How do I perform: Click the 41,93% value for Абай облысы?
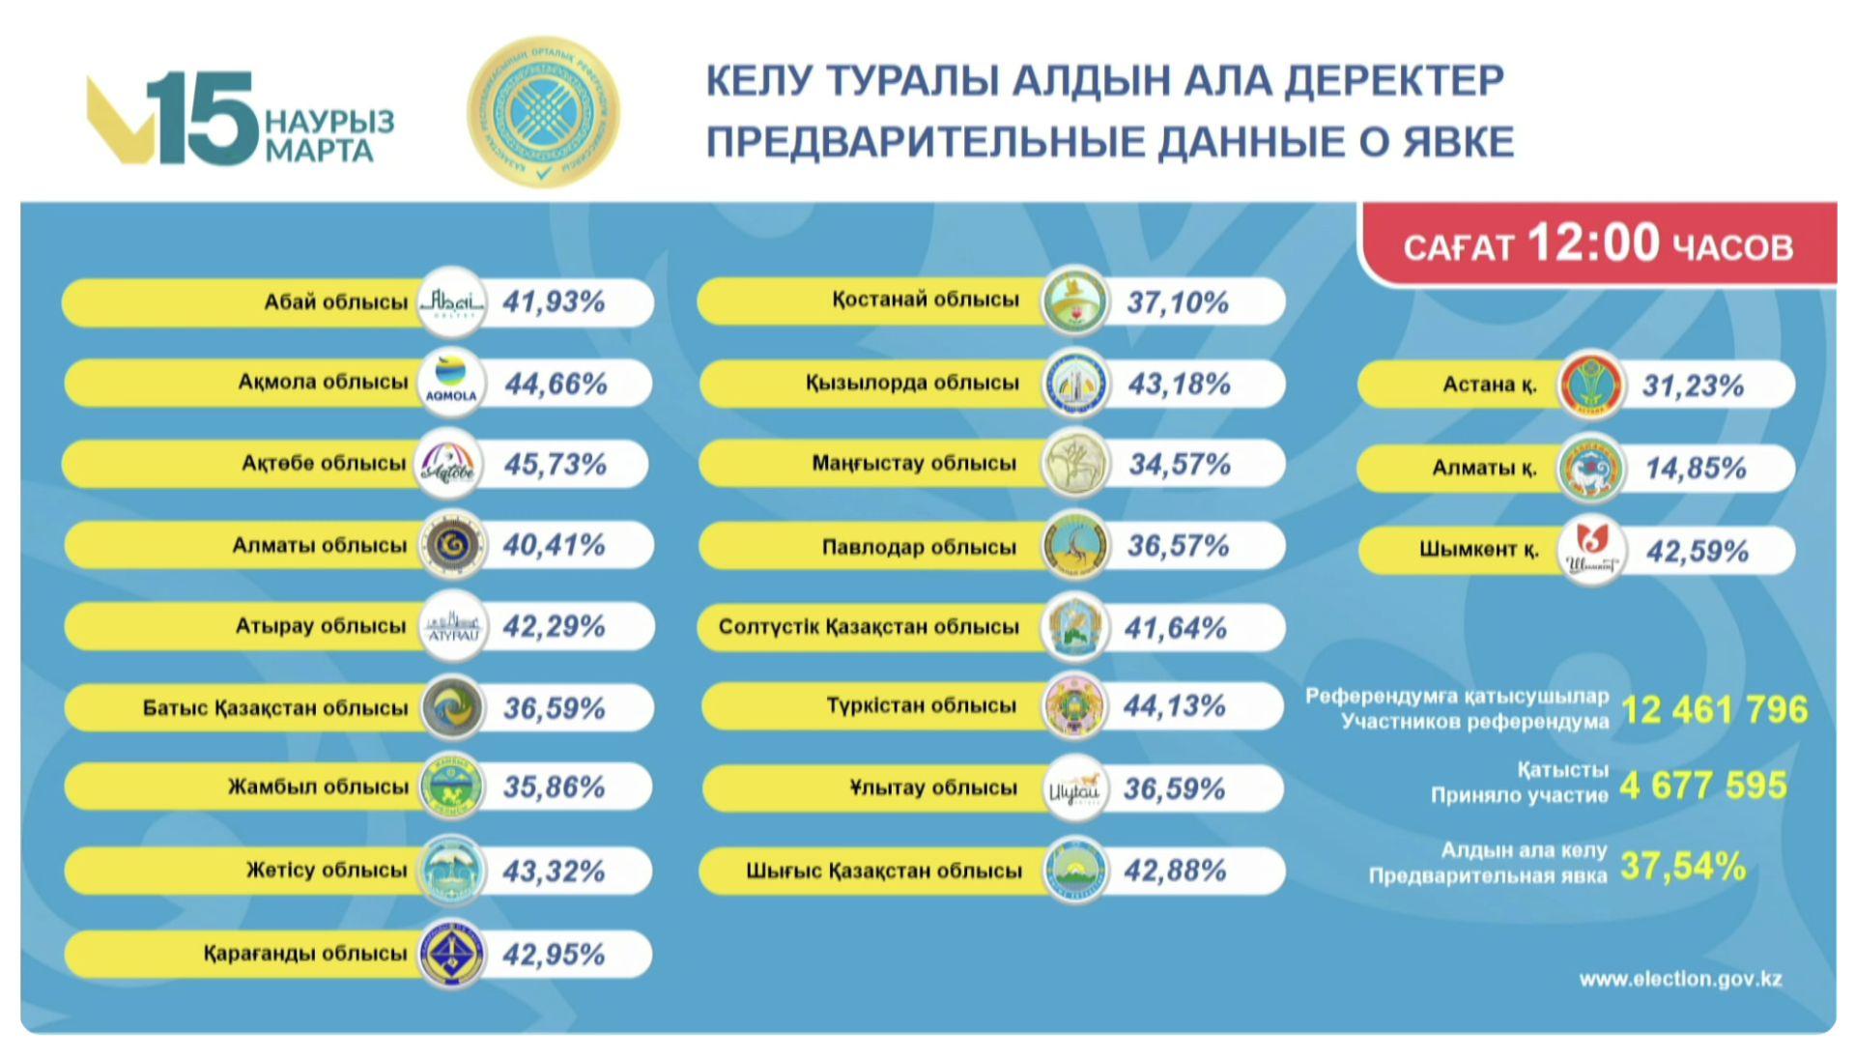[554, 302]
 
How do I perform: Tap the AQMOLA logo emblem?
[451, 383]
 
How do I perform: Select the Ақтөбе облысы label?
[324, 464]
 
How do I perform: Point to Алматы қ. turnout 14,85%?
[1696, 469]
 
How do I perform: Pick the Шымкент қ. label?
[1478, 550]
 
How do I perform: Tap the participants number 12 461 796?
[1714, 710]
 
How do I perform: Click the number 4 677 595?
[1703, 786]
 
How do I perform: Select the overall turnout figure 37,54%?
[1683, 866]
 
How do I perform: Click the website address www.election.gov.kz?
[1680, 979]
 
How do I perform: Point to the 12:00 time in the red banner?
[1593, 243]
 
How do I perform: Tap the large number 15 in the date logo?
[203, 118]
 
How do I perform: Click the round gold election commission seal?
[543, 113]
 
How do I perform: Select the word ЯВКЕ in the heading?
[1458, 143]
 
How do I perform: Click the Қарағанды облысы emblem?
[451, 955]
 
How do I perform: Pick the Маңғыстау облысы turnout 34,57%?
[1180, 465]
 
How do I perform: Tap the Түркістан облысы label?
[921, 706]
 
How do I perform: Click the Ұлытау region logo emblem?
[1074, 788]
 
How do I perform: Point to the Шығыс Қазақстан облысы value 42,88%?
[1175, 871]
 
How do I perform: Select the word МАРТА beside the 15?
[319, 152]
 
